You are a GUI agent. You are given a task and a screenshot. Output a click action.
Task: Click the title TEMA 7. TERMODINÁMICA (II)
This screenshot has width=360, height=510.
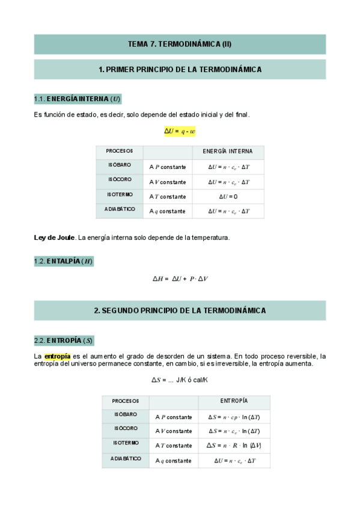[x=180, y=44]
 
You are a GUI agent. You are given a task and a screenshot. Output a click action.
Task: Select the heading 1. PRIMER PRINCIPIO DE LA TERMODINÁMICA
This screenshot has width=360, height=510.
[x=180, y=70]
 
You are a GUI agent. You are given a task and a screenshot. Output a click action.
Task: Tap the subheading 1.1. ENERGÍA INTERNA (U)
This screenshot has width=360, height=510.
[x=78, y=99]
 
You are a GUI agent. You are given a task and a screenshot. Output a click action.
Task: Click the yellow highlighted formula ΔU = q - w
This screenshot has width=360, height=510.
[x=180, y=132]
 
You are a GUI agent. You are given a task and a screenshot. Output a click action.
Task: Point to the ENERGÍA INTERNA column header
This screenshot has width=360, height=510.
[x=228, y=151]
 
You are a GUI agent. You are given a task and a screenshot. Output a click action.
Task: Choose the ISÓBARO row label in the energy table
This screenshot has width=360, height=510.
[x=119, y=165]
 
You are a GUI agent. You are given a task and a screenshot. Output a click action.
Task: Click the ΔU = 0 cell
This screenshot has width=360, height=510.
[x=228, y=197]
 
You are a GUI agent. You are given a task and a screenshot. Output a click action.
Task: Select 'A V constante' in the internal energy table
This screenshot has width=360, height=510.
[x=168, y=182]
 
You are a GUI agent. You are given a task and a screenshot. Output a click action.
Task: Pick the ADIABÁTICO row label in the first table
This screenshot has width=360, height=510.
[x=119, y=210]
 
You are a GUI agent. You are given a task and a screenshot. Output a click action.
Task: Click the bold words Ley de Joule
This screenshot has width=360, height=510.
[x=53, y=238]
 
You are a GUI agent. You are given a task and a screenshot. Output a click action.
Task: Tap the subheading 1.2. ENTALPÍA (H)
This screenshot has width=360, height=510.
[x=64, y=261]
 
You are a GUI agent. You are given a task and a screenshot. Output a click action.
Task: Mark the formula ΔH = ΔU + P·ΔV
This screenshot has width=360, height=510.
[x=180, y=279]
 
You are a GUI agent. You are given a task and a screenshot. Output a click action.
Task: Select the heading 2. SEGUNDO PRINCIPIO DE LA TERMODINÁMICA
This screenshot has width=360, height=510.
[x=180, y=310]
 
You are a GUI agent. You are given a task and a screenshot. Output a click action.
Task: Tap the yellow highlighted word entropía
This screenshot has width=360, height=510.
[x=57, y=356]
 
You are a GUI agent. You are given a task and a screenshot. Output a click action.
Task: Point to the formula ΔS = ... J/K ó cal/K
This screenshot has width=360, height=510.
[x=180, y=380]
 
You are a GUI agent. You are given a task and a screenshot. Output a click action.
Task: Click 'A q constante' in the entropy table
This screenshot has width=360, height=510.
[x=173, y=461]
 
